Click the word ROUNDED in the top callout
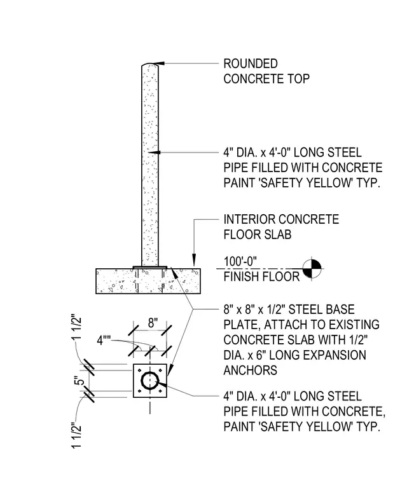[251, 64]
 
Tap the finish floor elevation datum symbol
[312, 269]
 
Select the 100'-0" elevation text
[240, 262]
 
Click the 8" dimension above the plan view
[153, 323]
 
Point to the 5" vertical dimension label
[79, 381]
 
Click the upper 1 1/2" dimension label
[77, 327]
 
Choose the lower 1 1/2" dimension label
[76, 435]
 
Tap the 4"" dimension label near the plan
[104, 341]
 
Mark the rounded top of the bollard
[150, 64]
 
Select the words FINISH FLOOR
[261, 276]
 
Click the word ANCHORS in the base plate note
[251, 370]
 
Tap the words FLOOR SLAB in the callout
[258, 235]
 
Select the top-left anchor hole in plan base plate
[140, 371]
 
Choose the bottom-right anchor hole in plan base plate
[160, 391]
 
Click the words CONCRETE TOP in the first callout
[266, 79]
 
